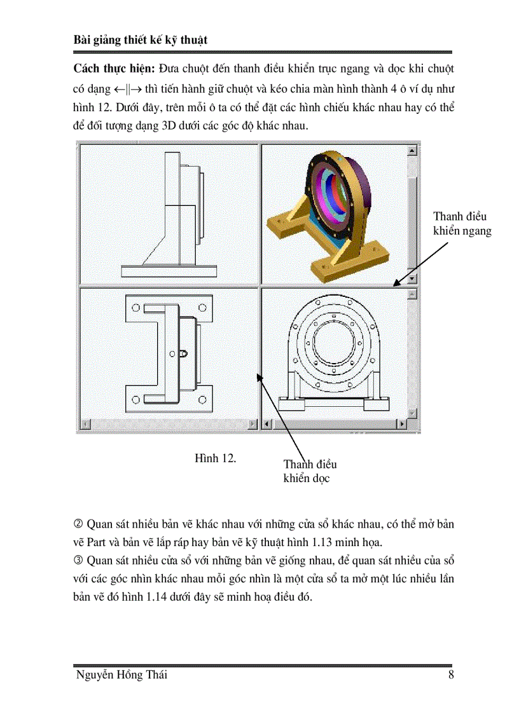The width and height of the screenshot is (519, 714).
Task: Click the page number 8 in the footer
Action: click(x=450, y=676)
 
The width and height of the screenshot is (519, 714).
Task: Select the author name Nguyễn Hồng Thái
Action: click(x=121, y=676)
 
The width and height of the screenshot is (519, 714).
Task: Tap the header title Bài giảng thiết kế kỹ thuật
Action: click(x=141, y=40)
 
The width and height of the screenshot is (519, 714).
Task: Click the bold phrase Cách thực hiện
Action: click(x=114, y=68)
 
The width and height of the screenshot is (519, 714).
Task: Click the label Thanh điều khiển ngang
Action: click(x=462, y=223)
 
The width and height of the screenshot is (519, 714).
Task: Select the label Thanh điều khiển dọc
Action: click(x=310, y=471)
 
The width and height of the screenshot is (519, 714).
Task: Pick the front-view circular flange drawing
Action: click(x=335, y=353)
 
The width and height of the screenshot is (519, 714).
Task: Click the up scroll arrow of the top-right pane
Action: click(x=412, y=150)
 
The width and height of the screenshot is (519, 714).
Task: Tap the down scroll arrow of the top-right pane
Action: click(x=412, y=278)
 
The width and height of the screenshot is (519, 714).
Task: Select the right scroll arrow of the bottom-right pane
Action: click(x=401, y=423)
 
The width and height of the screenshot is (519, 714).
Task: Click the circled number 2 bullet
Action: click(x=79, y=525)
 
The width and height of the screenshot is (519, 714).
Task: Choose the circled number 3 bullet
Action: click(x=79, y=562)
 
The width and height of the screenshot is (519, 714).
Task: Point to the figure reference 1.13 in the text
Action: click(x=377, y=544)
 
